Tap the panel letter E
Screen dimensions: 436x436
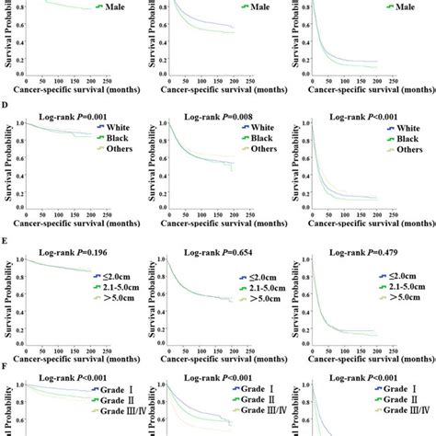click(x=6, y=247)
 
